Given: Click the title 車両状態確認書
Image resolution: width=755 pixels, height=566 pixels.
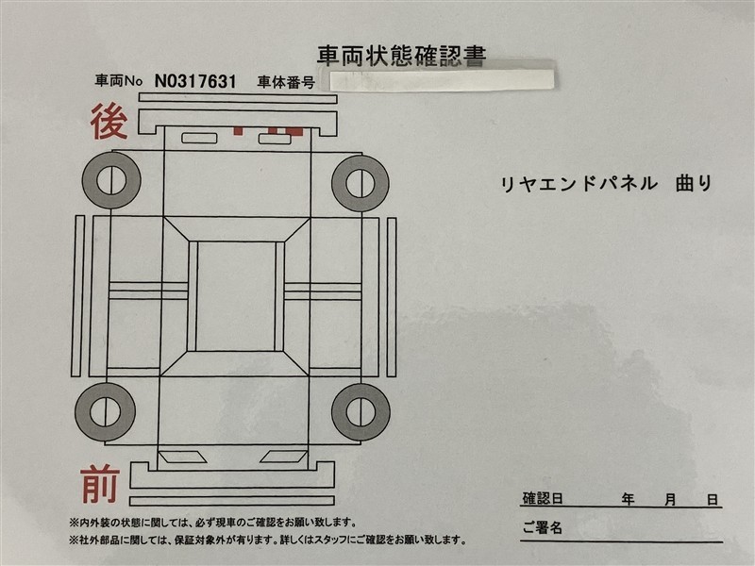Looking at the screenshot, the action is click(x=401, y=56).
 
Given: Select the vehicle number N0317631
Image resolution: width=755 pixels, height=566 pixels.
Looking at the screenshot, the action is click(x=195, y=81).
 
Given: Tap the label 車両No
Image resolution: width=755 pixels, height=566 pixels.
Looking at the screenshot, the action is click(x=119, y=80).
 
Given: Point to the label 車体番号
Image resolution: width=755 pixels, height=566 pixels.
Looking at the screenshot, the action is click(x=286, y=82).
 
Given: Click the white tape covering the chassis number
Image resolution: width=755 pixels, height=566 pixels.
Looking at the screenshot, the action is click(x=442, y=80).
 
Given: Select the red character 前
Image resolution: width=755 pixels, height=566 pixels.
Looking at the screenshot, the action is click(x=100, y=483).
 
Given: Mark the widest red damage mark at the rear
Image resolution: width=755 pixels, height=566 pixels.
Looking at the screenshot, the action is click(x=294, y=131).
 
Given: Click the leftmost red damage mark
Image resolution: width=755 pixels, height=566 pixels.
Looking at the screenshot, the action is click(x=238, y=131).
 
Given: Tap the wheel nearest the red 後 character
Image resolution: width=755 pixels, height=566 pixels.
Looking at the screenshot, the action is click(x=111, y=180).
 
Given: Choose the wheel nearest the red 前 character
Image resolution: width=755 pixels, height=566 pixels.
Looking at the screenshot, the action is click(x=105, y=411).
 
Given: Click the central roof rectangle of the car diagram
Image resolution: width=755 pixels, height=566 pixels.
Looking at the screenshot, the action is click(x=236, y=296).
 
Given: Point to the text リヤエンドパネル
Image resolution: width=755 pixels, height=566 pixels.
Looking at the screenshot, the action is click(x=579, y=184).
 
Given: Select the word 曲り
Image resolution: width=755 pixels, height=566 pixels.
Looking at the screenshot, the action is click(x=694, y=183).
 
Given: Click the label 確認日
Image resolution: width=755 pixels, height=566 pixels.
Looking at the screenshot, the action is click(x=543, y=499).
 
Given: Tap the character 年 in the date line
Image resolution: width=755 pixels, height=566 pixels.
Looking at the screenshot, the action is click(x=628, y=500).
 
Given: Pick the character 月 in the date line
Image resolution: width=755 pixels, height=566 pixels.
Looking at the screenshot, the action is click(x=670, y=500).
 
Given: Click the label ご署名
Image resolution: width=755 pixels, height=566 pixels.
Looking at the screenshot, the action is click(x=543, y=527).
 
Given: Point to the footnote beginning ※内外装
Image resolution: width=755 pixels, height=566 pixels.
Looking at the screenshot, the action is click(x=213, y=523).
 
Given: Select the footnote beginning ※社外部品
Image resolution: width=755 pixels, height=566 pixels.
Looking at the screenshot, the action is click(x=268, y=540).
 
